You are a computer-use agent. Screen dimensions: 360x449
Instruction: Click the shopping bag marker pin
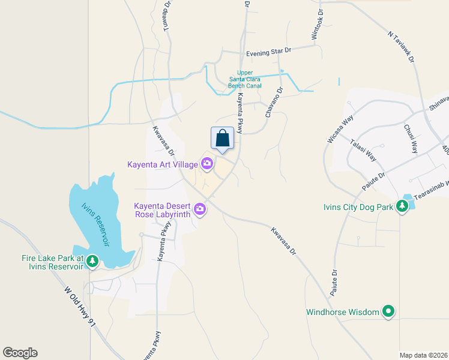coord(222,139)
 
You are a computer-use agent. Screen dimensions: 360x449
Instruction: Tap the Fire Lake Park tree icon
coord(92,261)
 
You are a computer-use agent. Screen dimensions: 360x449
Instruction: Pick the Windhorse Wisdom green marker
coord(388,311)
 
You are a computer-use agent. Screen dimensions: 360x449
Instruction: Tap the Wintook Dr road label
coord(317,25)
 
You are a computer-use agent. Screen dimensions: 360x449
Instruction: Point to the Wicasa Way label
coord(339,127)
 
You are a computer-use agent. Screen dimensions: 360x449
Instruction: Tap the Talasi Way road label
coord(364,149)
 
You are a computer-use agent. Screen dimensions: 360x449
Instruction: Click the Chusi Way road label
coord(411,139)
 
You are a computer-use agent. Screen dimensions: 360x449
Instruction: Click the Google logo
coord(20,353)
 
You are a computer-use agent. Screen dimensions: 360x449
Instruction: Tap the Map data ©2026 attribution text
coord(424,355)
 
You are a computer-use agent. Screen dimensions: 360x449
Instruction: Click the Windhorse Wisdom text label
coord(343,312)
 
